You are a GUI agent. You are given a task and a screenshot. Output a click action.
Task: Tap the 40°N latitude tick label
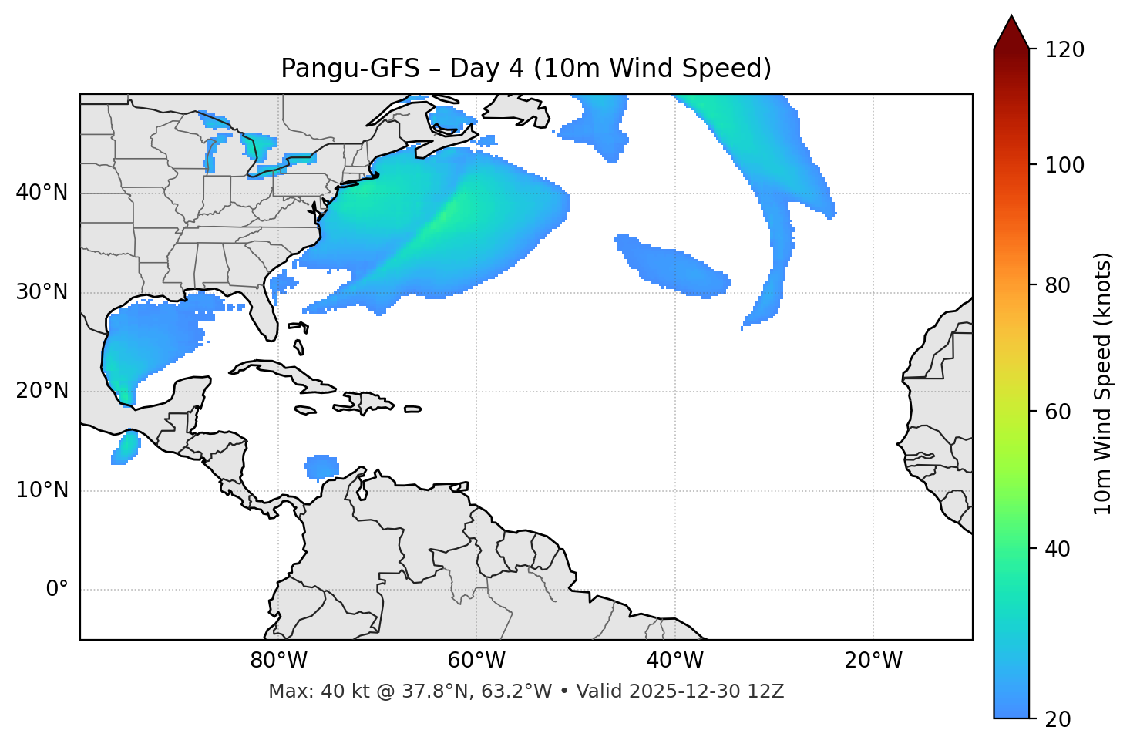[x=42, y=193]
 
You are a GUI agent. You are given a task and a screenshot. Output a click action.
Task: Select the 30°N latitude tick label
[x=42, y=292]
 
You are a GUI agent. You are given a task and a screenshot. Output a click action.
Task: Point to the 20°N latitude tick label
[x=42, y=391]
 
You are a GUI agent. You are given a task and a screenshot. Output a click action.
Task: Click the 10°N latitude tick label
[x=42, y=490]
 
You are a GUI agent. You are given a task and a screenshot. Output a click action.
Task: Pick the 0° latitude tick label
[x=57, y=590]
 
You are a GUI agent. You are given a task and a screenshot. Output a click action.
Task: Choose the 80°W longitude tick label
[x=278, y=661]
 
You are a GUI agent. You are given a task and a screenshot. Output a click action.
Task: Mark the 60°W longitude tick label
[x=476, y=661]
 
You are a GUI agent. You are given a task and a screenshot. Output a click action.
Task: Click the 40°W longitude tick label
[x=674, y=661]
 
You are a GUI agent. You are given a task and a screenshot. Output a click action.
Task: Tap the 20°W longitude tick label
[x=873, y=661]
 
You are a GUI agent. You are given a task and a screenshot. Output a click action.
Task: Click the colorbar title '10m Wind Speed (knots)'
[x=1103, y=383]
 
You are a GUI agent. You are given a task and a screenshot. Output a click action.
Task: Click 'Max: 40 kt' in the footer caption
[x=303, y=691]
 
